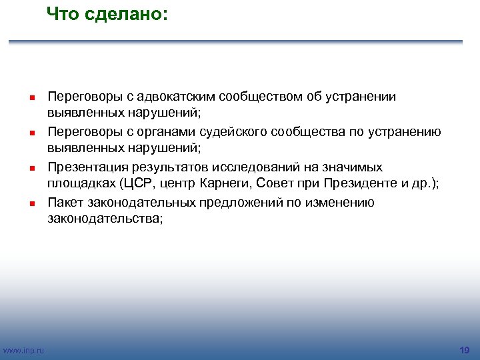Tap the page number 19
pyautogui.click(x=465, y=350)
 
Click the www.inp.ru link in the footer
pyautogui.click(x=23, y=351)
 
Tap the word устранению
pyautogui.click(x=402, y=132)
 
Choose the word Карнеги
pyautogui.click(x=227, y=185)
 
